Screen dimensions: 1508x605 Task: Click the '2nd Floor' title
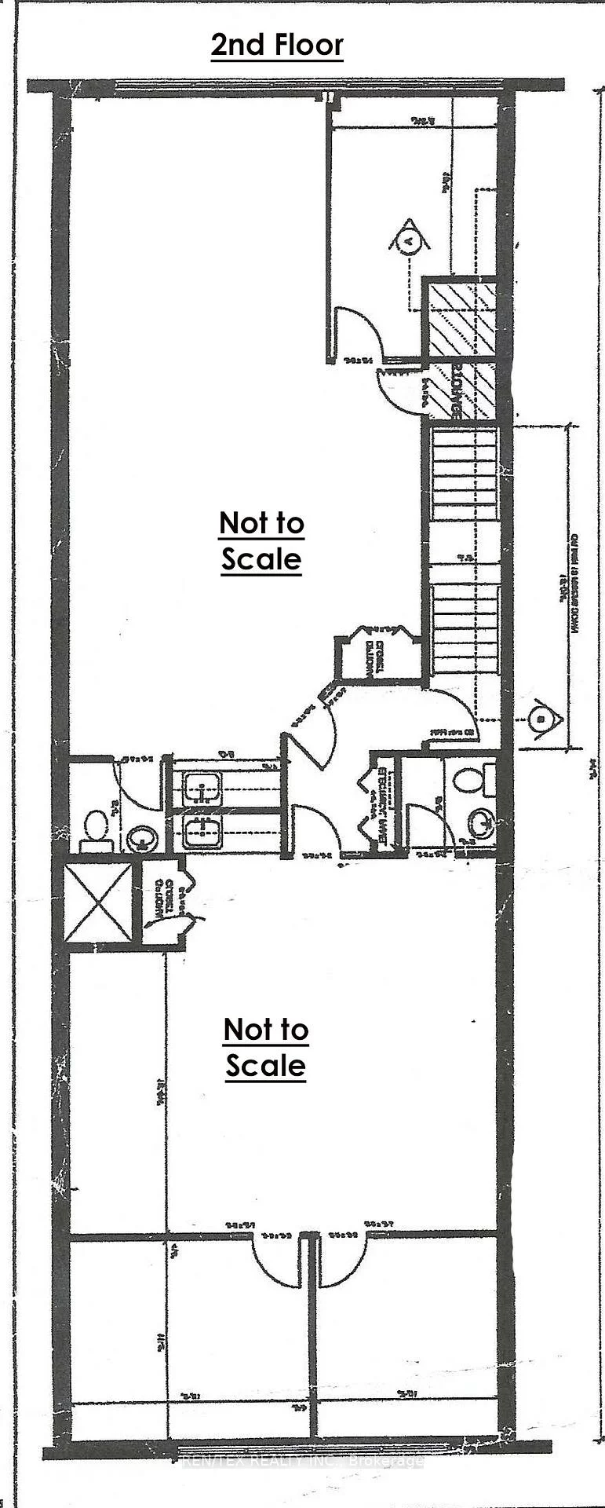[x=277, y=45]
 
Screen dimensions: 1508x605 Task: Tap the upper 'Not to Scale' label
[x=261, y=540]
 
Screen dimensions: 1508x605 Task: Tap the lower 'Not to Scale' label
[x=266, y=1047]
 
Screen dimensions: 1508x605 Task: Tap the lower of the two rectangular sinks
[x=202, y=831]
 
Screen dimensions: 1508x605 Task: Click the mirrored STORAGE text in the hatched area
[x=454, y=390]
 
